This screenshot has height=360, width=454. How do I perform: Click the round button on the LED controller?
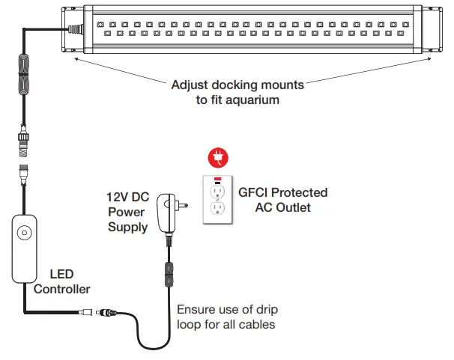[x=25, y=234]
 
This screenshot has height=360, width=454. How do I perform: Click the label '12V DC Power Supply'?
[x=127, y=211]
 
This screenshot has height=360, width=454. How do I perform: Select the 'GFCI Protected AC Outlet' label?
[x=282, y=200]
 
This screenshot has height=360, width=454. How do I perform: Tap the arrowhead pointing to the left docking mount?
[x=75, y=61]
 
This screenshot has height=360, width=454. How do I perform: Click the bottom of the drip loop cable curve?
[x=154, y=348]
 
